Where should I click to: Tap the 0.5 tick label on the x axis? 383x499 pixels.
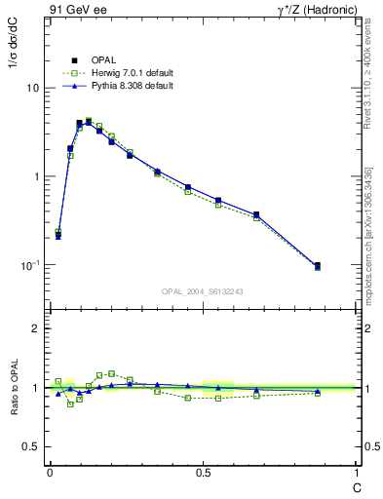click(x=203, y=472)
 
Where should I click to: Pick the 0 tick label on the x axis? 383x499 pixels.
click(x=49, y=472)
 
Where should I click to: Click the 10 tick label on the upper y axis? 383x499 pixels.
click(x=33, y=88)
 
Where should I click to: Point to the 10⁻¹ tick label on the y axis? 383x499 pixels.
click(x=30, y=265)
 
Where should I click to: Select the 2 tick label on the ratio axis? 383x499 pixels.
click(x=36, y=329)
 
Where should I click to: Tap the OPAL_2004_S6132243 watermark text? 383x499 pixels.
click(x=203, y=291)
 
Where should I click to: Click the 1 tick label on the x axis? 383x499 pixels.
click(x=357, y=472)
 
